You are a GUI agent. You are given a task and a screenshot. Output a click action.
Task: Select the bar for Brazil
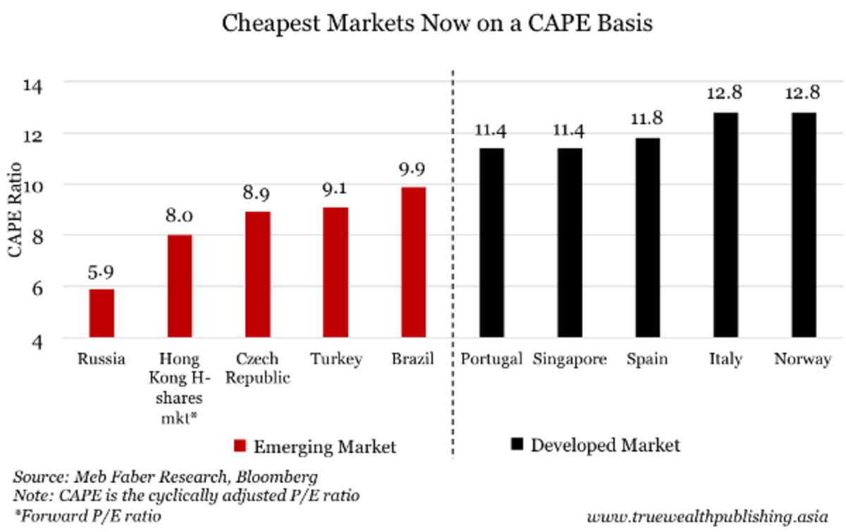(x=413, y=262)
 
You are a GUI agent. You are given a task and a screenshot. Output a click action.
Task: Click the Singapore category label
(x=570, y=359)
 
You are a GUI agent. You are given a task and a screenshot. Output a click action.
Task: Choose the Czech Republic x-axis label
(x=257, y=368)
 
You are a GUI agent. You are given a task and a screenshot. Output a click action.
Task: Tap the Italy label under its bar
(x=725, y=359)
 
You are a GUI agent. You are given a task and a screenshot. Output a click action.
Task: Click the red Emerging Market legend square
(x=240, y=447)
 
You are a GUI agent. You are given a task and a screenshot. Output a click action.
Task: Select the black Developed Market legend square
(x=517, y=445)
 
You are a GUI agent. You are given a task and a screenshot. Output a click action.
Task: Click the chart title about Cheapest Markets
(x=438, y=24)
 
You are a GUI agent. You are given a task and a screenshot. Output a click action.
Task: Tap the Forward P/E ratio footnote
(x=87, y=516)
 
